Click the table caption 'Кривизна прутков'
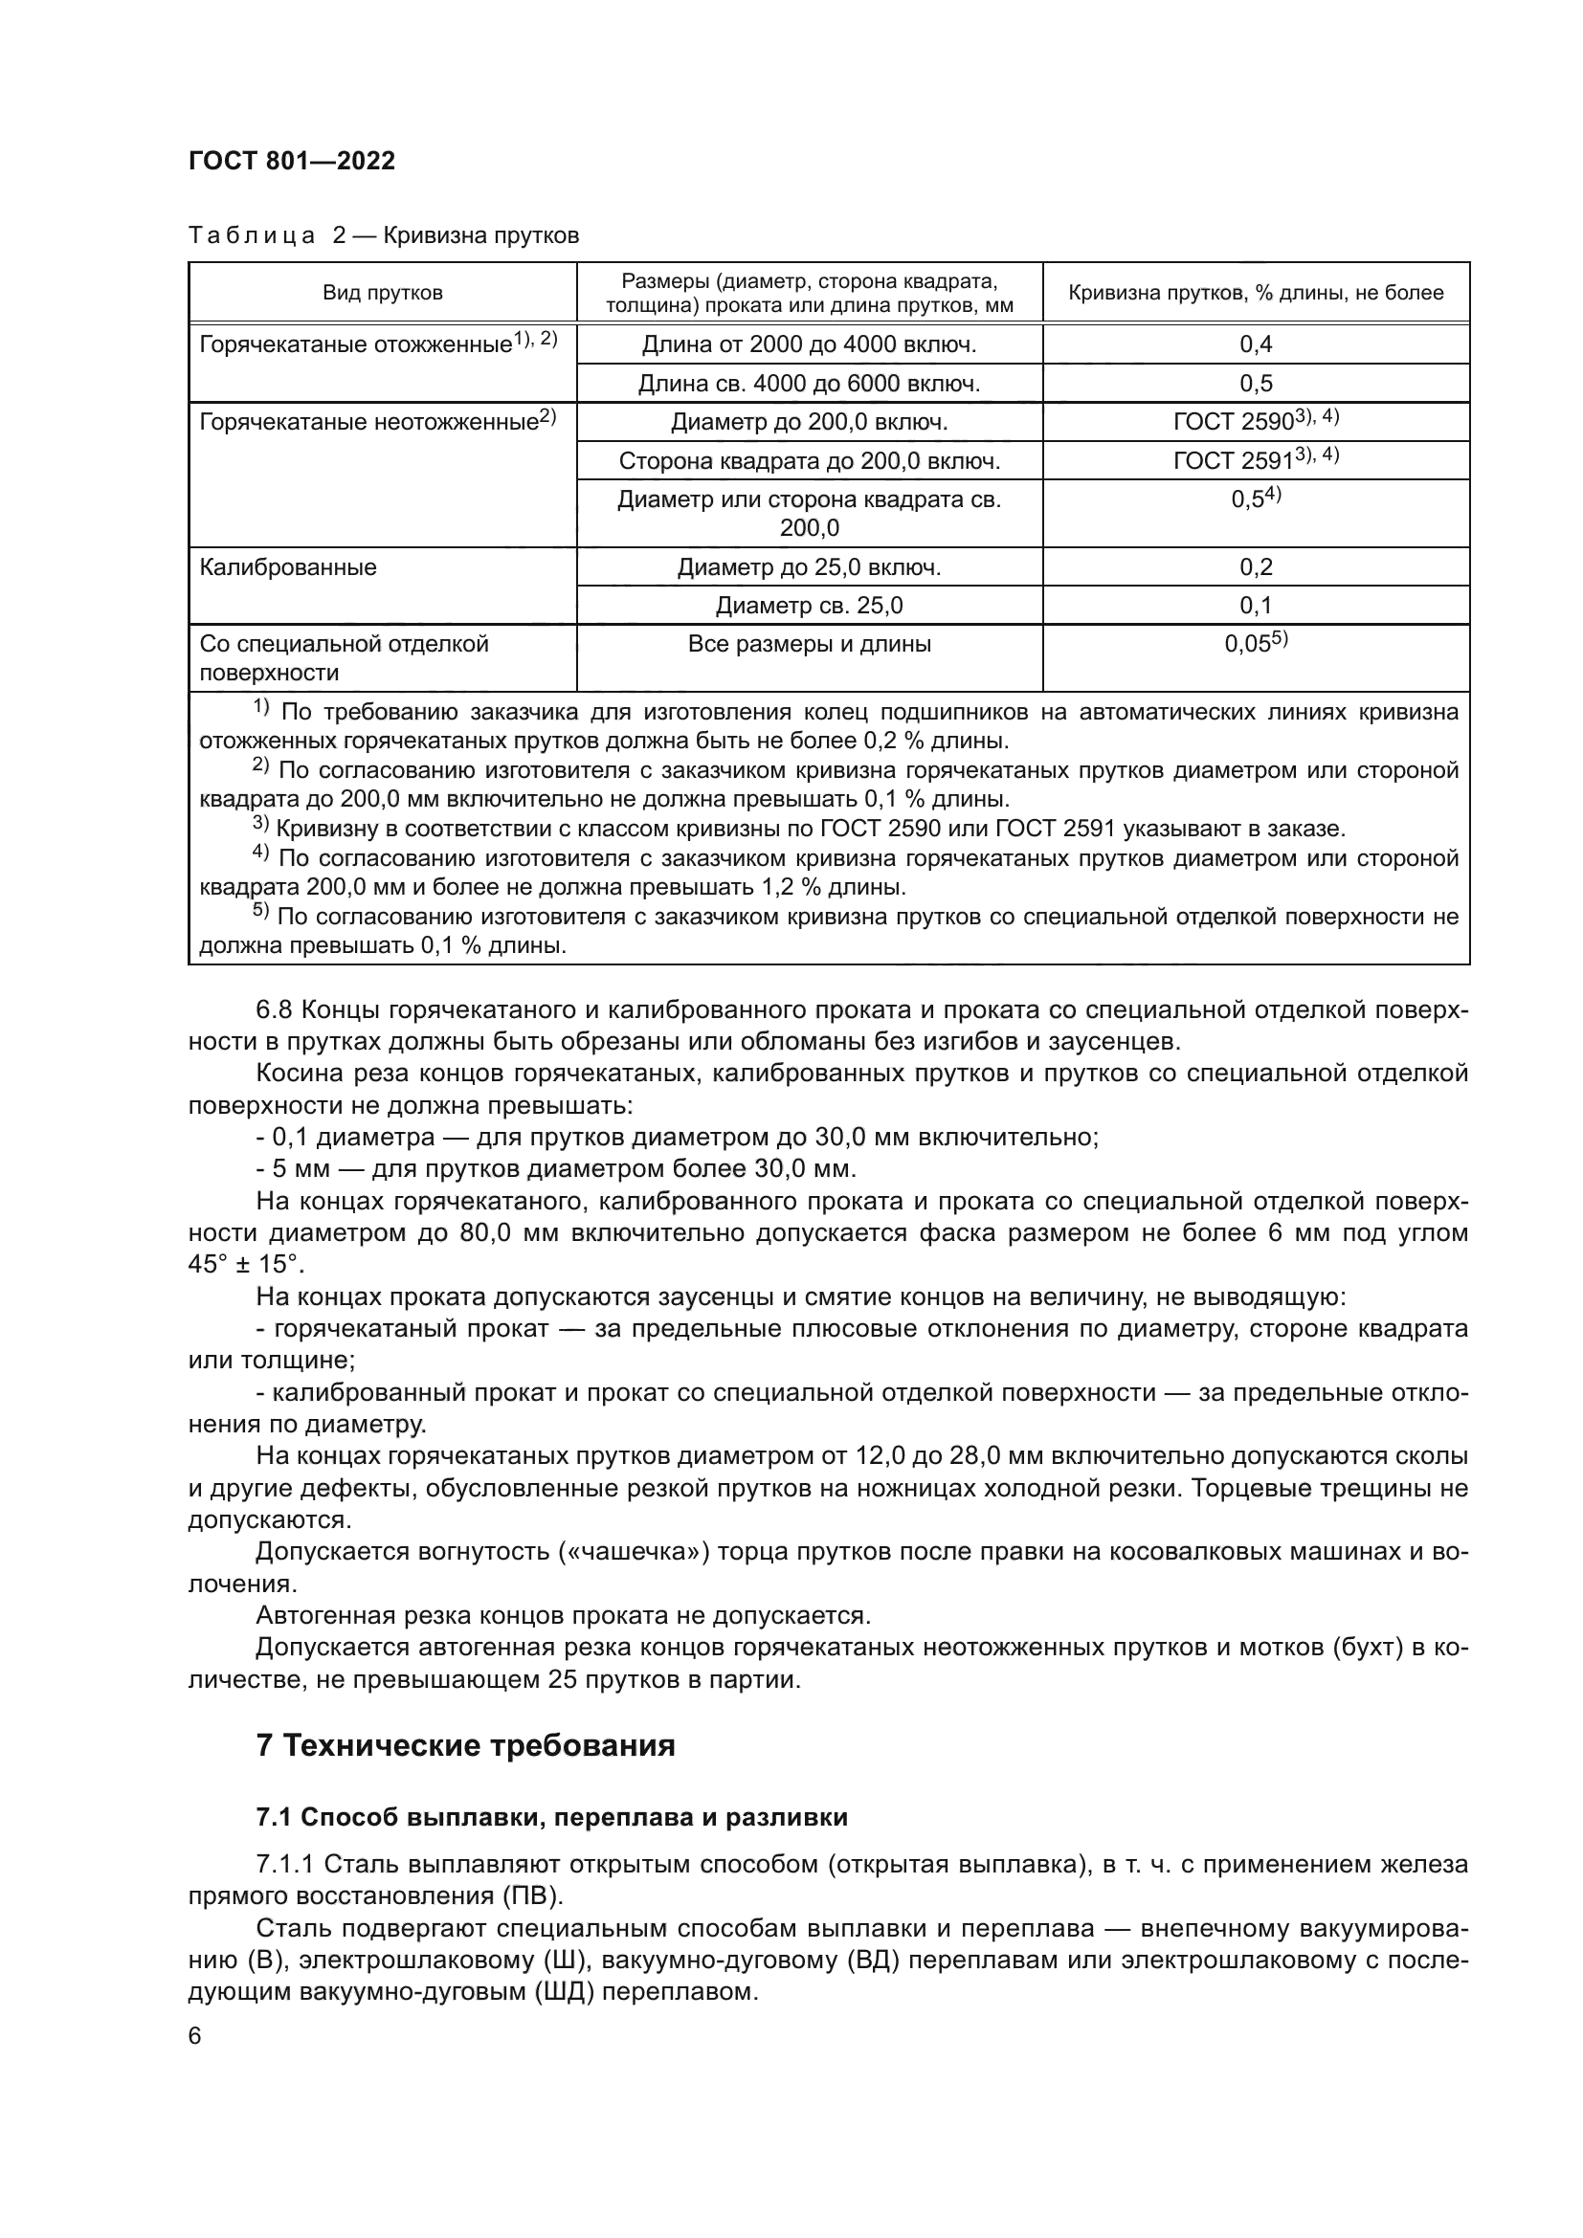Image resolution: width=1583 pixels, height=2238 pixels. [481, 236]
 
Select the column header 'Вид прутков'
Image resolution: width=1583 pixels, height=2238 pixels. [382, 293]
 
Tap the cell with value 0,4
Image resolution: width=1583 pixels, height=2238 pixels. [1256, 344]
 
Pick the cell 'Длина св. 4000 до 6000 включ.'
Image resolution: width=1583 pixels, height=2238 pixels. [808, 383]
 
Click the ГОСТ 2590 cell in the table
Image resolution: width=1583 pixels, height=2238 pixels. [1256, 421]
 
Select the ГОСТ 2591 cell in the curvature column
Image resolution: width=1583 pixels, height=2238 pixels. [1256, 460]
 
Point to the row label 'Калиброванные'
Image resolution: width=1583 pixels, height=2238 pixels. [287, 567]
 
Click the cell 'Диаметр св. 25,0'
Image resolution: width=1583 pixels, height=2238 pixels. [808, 606]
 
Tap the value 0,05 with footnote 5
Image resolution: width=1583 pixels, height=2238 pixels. [1256, 643]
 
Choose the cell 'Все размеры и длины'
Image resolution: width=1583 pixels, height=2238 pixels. [808, 643]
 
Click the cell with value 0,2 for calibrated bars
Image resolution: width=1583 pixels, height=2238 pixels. [1256, 567]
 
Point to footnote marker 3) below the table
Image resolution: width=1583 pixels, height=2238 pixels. [260, 828]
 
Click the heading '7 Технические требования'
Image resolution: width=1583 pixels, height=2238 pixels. [465, 1745]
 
